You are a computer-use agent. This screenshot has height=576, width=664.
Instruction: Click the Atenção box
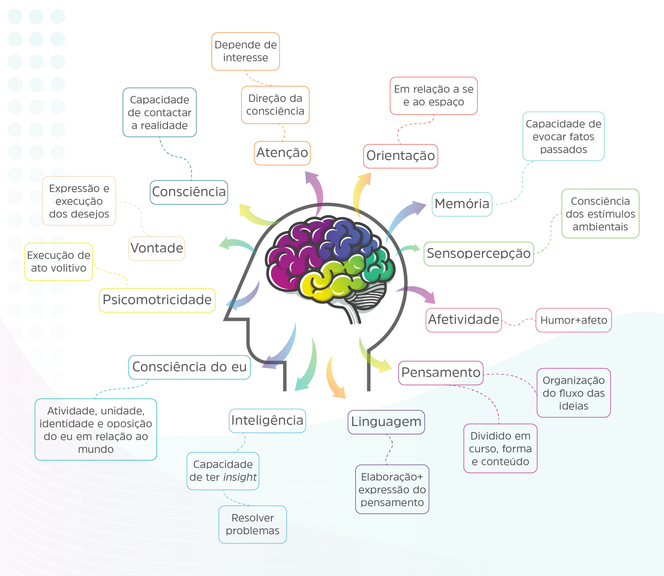(282, 153)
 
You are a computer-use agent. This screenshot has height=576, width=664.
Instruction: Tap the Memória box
(462, 204)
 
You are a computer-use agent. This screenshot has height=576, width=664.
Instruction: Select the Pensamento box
(440, 373)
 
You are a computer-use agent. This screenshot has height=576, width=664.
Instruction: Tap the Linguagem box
(386, 422)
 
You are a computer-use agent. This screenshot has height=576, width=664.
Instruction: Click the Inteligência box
(267, 421)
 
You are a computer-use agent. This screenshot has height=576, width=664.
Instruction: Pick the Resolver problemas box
(252, 525)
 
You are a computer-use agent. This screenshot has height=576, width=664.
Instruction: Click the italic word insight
(240, 477)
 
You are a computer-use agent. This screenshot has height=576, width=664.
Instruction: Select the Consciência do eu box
(189, 367)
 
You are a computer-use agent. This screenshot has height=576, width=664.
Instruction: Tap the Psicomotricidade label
(157, 300)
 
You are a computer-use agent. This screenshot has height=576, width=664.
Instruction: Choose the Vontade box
(157, 248)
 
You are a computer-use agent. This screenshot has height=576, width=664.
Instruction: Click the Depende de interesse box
(245, 51)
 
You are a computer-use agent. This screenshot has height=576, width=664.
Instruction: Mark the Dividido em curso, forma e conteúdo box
(500, 448)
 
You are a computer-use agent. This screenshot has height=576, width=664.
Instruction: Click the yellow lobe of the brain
(317, 284)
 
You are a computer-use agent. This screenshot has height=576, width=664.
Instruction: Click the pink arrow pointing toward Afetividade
(418, 292)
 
